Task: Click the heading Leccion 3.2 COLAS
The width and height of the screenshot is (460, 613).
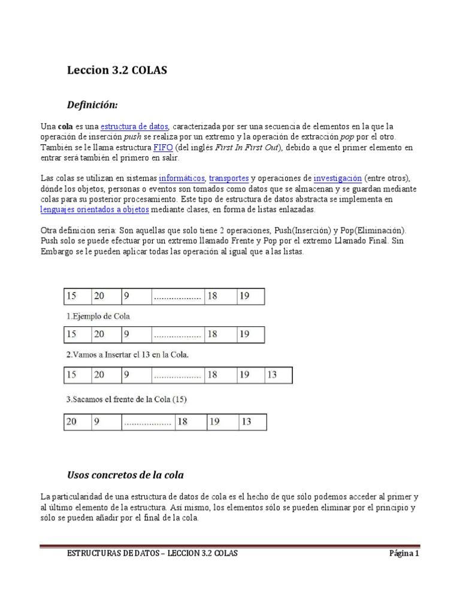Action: tap(117, 71)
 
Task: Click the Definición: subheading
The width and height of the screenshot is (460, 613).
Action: tap(92, 105)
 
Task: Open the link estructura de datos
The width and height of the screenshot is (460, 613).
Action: tap(135, 126)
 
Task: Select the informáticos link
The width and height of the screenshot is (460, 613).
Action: tap(182, 178)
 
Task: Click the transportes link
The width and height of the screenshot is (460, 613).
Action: tap(229, 178)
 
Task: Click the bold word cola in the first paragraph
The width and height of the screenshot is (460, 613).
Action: tap(65, 126)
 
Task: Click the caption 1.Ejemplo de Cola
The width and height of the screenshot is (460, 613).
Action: tap(97, 315)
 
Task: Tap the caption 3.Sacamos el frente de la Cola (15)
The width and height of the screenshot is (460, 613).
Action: tap(125, 399)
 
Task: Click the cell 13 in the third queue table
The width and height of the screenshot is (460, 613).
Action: tap(278, 375)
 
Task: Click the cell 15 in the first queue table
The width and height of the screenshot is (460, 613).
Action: tap(77, 296)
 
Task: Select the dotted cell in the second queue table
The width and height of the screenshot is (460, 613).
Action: tap(177, 335)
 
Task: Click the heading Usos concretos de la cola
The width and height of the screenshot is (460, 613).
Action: tap(125, 475)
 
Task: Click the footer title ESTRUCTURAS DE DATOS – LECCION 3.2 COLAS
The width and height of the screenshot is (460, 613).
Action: tap(152, 554)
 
